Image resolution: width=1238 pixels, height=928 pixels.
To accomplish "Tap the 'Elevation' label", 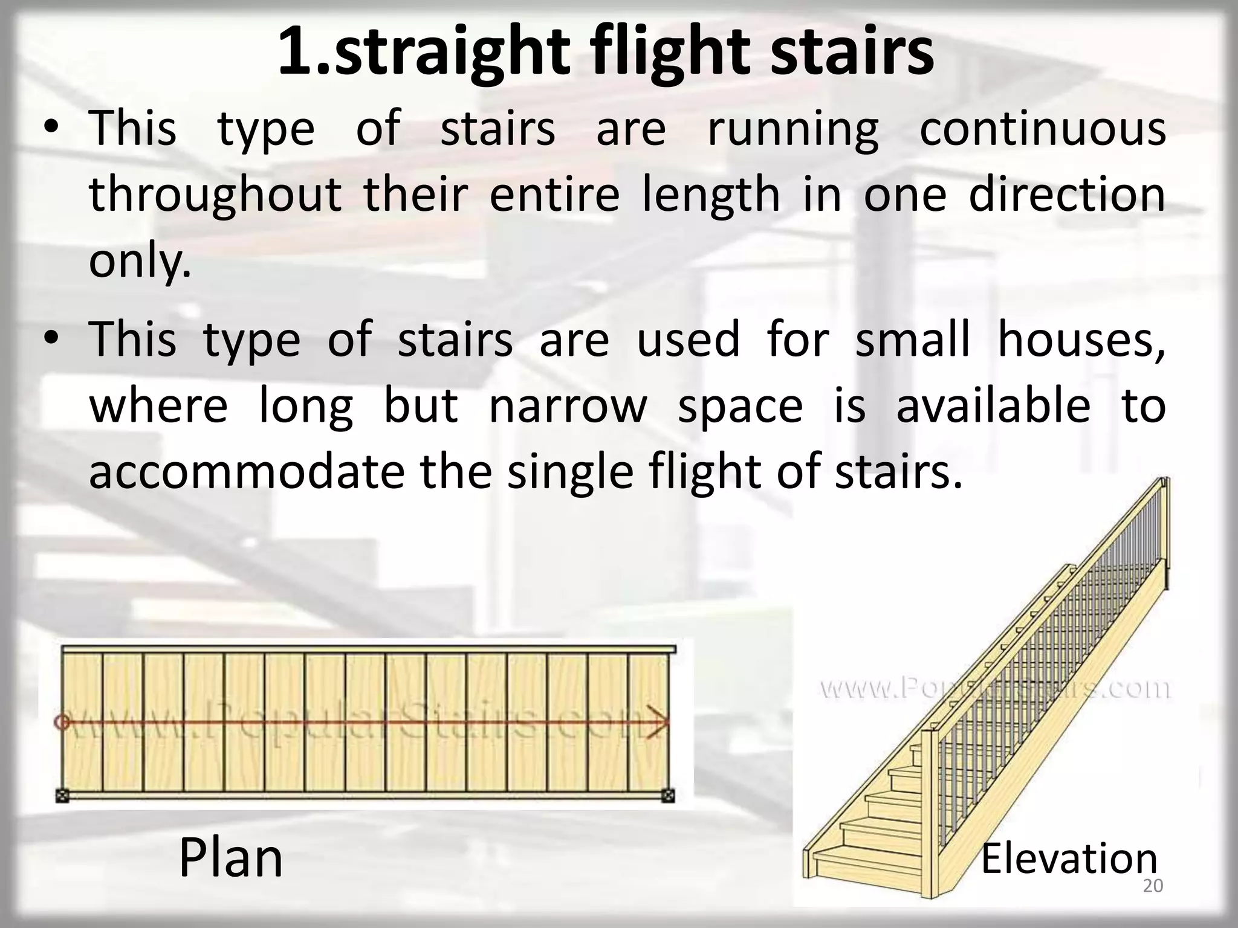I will coord(1069,859).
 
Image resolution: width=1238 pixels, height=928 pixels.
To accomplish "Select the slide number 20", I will coord(1153,886).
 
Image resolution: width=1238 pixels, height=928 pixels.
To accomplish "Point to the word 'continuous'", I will coord(1042,129).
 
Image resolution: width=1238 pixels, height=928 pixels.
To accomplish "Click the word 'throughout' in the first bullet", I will coord(215,195).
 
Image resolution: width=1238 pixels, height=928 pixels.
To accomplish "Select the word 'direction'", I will coord(1067,195).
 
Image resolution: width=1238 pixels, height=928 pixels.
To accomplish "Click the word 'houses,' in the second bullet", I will coord(1081,339).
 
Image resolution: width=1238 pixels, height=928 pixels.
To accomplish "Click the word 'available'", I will coord(993,405).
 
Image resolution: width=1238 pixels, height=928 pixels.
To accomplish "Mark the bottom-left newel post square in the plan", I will coord(61,796).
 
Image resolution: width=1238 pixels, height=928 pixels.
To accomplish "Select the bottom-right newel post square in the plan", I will coord(668,796).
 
